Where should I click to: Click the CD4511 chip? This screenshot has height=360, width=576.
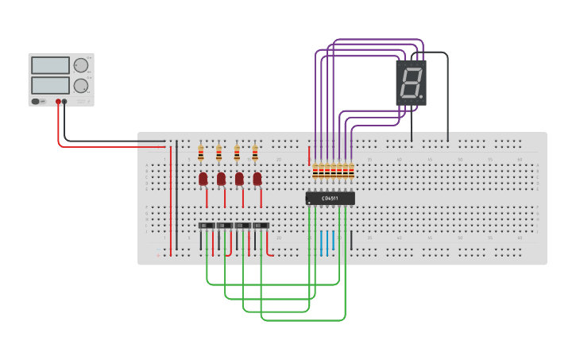click(x=331, y=198)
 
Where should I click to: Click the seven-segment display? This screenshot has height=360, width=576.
click(x=411, y=83)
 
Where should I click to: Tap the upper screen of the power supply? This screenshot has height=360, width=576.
click(x=49, y=66)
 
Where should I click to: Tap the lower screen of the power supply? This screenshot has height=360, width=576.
click(x=49, y=84)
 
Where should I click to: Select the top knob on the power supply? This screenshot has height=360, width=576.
click(x=81, y=65)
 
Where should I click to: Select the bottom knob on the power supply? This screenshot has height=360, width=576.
click(x=81, y=85)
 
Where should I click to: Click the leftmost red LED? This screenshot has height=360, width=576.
click(x=203, y=179)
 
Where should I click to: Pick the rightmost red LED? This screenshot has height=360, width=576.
click(x=257, y=179)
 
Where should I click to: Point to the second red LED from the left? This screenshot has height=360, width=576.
click(x=221, y=179)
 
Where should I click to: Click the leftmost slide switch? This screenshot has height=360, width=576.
click(x=207, y=226)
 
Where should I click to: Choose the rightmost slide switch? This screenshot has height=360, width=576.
click(x=261, y=226)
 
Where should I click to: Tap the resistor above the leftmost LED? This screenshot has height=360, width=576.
click(x=201, y=153)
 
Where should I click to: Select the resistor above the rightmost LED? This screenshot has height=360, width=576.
click(x=255, y=153)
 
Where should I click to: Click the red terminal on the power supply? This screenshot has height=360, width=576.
click(x=58, y=101)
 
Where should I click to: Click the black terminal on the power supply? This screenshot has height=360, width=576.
click(x=65, y=101)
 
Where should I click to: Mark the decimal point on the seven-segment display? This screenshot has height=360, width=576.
click(x=421, y=97)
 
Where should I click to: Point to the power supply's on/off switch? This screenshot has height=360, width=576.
click(x=36, y=101)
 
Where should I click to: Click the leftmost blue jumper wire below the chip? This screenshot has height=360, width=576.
click(x=322, y=242)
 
